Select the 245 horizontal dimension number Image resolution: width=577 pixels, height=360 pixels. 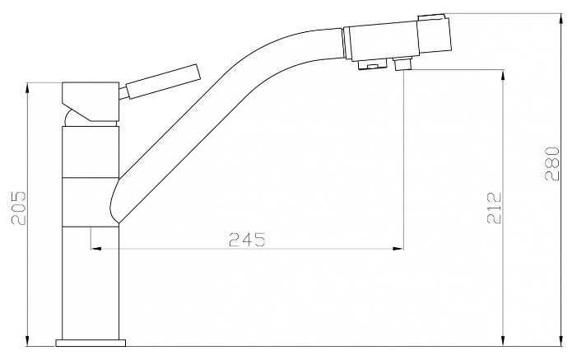[x=246, y=239]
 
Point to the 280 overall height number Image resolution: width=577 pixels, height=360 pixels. [x=552, y=163]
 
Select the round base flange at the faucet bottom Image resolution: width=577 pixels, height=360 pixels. [x=91, y=342]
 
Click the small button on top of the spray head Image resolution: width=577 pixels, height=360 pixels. [x=432, y=16]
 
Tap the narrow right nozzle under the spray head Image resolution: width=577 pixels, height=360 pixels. [x=403, y=64]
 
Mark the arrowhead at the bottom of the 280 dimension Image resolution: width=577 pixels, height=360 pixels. [x=562, y=340]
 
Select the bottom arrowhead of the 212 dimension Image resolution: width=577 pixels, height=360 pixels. [x=503, y=340]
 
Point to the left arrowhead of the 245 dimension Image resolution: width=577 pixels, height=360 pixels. [x=94, y=247]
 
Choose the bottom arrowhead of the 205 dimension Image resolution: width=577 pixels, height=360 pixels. [x=28, y=340]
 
